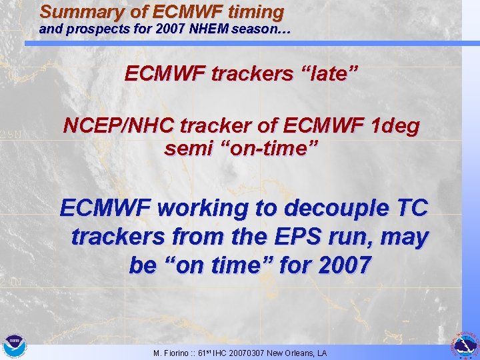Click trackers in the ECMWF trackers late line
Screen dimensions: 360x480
click(x=247, y=74)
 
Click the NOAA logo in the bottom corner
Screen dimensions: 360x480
click(x=13, y=346)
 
